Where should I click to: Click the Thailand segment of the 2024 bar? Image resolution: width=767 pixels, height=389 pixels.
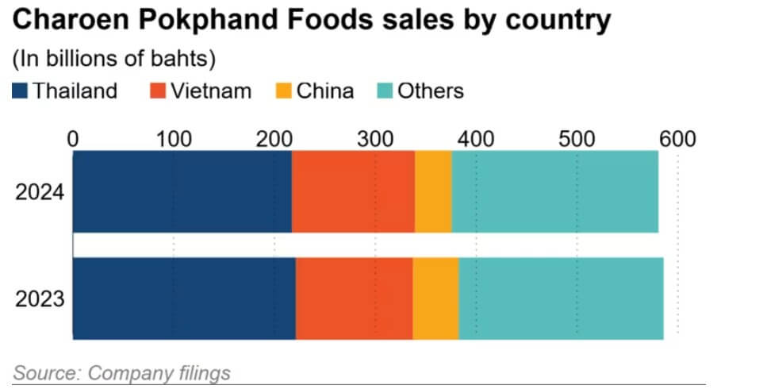[182, 192]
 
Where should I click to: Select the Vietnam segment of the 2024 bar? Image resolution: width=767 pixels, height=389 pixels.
[353, 192]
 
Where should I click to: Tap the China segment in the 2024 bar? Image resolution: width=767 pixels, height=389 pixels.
[433, 192]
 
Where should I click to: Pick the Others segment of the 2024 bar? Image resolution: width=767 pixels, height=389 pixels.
[554, 192]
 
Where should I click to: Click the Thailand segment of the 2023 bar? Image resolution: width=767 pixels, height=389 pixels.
[184, 298]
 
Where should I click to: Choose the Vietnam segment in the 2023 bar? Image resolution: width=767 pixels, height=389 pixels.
[354, 298]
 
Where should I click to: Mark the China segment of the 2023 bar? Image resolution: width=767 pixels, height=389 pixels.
[435, 298]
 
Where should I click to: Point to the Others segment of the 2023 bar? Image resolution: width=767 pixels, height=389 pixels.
[561, 298]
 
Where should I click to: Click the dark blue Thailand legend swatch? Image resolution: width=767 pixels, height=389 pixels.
[21, 91]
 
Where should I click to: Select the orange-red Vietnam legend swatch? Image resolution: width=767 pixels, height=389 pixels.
[157, 91]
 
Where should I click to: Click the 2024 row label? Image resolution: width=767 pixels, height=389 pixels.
[40, 193]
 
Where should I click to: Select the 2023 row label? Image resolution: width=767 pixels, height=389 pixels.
[40, 299]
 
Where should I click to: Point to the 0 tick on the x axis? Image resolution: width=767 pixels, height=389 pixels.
[73, 140]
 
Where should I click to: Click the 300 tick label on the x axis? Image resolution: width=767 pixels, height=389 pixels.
[375, 140]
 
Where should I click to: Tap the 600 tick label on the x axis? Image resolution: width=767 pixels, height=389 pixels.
[677, 140]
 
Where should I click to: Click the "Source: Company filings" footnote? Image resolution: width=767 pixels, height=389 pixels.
[121, 372]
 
